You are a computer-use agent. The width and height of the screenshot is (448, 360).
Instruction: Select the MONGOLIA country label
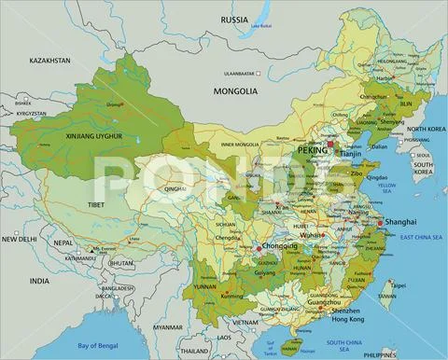click(x=234, y=91)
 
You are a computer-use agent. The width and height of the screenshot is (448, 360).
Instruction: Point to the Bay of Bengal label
click(x=97, y=347)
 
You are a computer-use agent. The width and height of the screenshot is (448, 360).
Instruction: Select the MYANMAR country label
click(x=168, y=327)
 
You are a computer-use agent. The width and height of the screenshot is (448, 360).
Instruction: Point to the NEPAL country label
click(x=62, y=242)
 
